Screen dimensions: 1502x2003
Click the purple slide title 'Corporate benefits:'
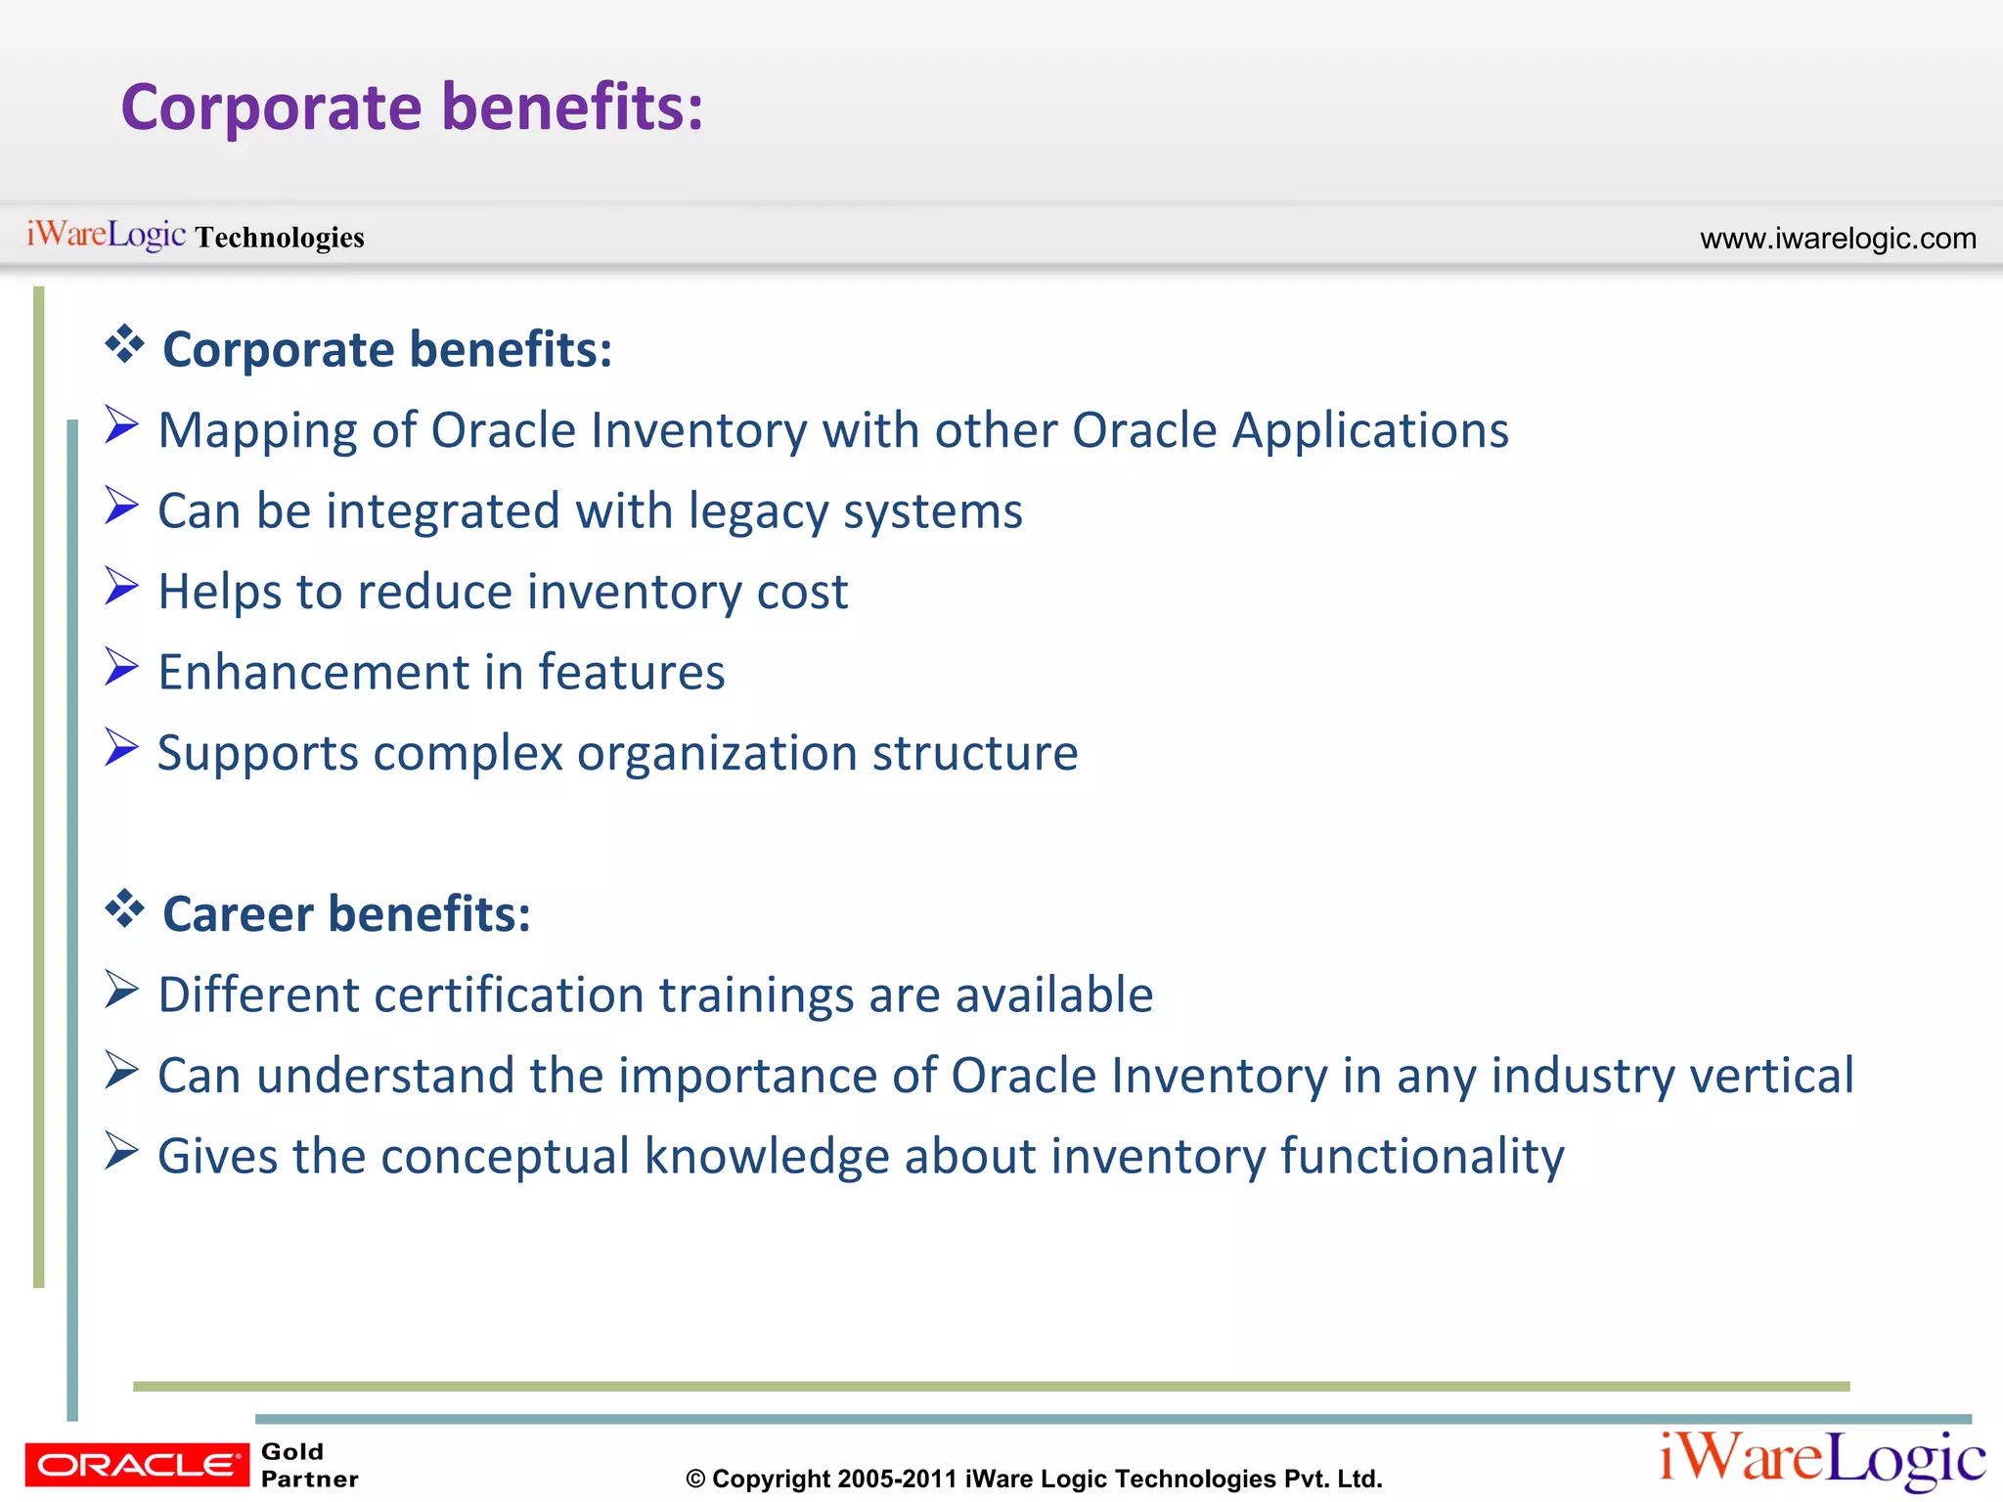point(412,107)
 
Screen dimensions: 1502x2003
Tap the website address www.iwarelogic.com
point(1838,239)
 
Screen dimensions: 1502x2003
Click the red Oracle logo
point(137,1464)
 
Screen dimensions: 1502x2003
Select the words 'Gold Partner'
point(309,1465)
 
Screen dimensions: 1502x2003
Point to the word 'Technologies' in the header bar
point(280,238)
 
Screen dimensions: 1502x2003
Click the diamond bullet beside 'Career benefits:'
point(124,909)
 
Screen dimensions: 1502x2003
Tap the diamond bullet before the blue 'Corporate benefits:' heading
point(124,344)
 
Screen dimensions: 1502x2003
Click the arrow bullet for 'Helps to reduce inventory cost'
point(121,587)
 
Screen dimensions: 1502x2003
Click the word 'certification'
point(508,995)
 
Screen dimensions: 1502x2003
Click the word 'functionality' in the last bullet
point(1422,1157)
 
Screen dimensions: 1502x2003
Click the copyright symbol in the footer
point(695,1480)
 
